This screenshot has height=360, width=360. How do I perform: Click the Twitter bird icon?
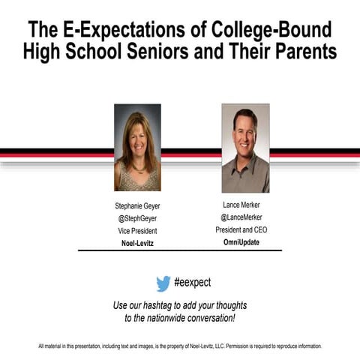[x=163, y=283]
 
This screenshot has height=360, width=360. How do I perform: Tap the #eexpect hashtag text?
[x=193, y=283]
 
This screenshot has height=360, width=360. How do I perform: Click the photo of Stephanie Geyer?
[x=137, y=147]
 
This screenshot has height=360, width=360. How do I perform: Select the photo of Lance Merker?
[x=245, y=148]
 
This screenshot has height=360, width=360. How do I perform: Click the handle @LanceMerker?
[x=241, y=217]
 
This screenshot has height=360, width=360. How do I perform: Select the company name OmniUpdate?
[x=241, y=242]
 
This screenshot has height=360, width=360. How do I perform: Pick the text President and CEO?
[x=241, y=229]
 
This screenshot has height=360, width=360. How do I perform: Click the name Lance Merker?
[x=241, y=204]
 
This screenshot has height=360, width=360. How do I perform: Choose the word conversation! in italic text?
[x=214, y=318]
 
